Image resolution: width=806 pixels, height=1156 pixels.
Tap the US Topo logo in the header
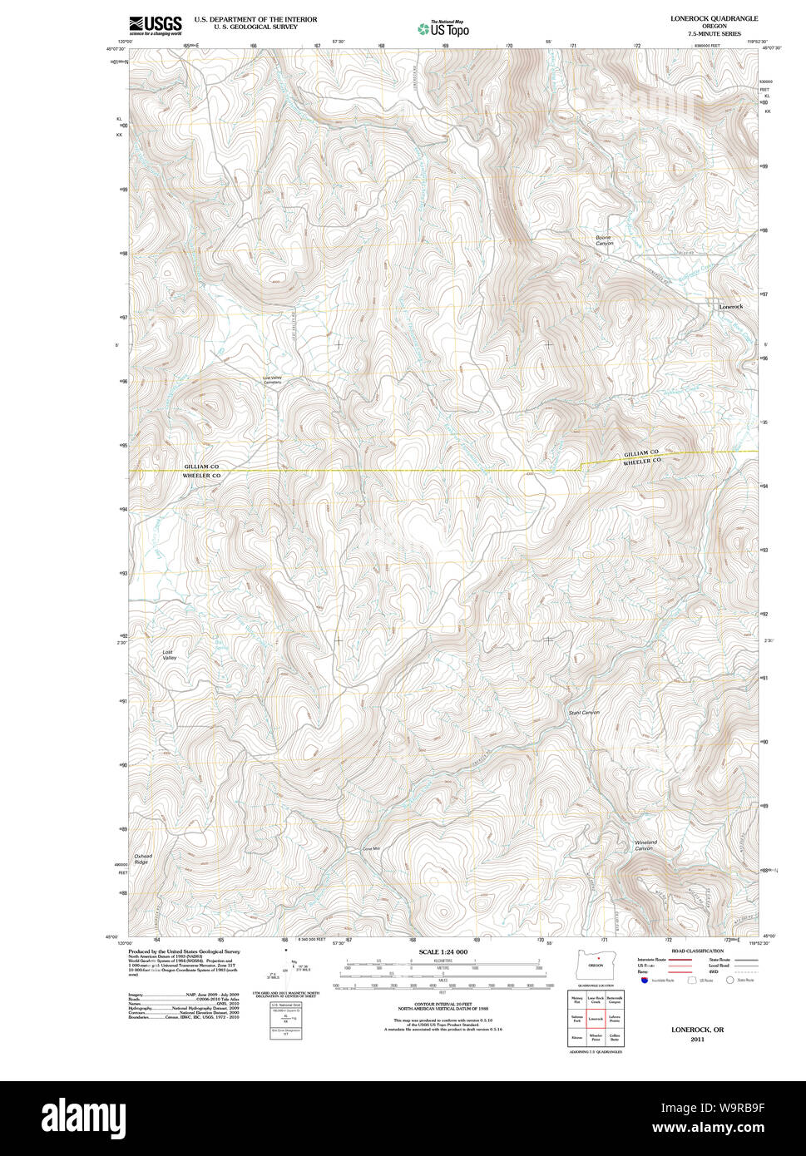pos(443,29)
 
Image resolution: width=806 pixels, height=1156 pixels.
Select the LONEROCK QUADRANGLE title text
pos(714,18)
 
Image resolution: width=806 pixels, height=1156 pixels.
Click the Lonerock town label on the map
pos(731,307)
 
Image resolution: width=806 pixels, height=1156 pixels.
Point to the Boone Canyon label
pos(604,240)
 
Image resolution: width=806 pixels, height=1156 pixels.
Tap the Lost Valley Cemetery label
pos(273,380)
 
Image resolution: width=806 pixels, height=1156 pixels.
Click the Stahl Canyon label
pos(584,713)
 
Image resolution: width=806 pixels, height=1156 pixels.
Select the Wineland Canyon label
pos(645,845)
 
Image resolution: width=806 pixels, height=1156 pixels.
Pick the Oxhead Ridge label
pos(143,859)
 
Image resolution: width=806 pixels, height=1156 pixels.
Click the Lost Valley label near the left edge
pos(169,655)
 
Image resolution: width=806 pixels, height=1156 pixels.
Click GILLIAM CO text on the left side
pos(201,467)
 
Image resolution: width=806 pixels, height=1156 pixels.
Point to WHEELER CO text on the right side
pos(641,460)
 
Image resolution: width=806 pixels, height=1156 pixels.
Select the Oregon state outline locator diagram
pos(594,964)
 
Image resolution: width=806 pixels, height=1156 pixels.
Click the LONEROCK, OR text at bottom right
pos(697,1030)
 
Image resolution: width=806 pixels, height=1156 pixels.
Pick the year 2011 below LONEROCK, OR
pos(697,1039)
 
